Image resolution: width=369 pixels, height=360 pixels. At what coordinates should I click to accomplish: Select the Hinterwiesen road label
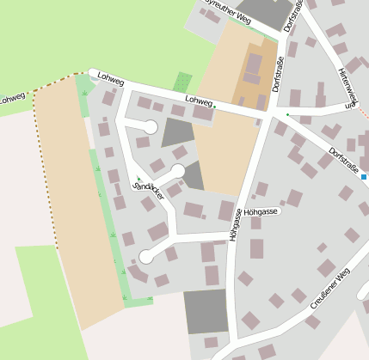point(347,88)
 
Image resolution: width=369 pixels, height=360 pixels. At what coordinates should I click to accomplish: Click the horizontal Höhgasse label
point(260,211)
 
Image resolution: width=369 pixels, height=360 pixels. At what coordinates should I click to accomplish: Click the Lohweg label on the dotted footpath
point(12,99)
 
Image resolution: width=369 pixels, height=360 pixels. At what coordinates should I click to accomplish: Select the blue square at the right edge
point(365,176)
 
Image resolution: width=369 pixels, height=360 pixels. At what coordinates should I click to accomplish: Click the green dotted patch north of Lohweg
point(182,82)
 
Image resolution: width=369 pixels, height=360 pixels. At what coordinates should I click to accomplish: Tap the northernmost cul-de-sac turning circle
point(150,127)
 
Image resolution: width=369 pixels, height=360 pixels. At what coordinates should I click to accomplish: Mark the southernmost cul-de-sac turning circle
point(146,256)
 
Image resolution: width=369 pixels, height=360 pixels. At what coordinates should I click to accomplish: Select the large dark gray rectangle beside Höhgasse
point(206,310)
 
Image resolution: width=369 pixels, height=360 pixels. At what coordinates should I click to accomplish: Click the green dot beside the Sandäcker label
point(138,179)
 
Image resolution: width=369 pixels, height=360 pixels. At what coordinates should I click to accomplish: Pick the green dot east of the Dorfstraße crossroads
point(287,114)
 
